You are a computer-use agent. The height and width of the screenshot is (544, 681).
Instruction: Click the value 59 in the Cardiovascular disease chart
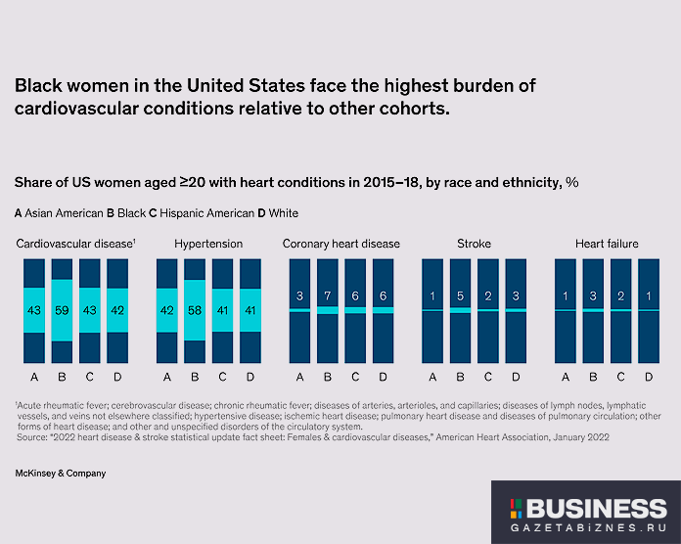tap(62, 310)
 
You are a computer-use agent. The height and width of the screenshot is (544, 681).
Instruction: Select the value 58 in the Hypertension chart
tap(195, 310)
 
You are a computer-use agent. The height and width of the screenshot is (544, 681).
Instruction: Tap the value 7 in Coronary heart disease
tap(328, 296)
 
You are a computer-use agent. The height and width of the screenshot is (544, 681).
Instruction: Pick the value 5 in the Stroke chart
tap(461, 296)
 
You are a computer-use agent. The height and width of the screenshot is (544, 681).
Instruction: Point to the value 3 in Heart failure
tap(594, 296)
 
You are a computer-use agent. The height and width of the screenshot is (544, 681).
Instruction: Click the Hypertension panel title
tap(208, 243)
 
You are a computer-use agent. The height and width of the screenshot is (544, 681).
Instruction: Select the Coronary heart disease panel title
tap(340, 243)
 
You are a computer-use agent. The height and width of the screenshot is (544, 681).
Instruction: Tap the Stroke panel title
tap(474, 243)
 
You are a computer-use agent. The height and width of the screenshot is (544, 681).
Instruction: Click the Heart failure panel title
tap(607, 243)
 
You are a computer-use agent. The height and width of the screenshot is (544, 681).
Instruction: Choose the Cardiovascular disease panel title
tap(73, 243)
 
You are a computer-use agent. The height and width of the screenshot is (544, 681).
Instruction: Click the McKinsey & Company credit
tap(60, 473)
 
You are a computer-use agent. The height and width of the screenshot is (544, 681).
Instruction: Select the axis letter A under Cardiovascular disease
tap(34, 377)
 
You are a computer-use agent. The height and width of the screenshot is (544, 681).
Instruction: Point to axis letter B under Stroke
tap(461, 377)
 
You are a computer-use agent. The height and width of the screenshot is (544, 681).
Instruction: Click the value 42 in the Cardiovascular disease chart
tap(116, 310)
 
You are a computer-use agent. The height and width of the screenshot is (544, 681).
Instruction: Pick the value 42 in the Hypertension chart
tap(167, 310)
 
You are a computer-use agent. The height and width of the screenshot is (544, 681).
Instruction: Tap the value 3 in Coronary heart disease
tap(300, 296)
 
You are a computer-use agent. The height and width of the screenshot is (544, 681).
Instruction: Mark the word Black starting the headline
tap(37, 86)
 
